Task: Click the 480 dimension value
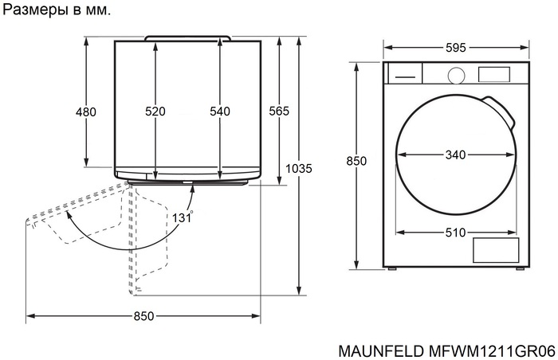[85, 112]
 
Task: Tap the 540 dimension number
[219, 112]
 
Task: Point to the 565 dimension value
[278, 111]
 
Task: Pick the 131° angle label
[182, 216]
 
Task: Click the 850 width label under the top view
[143, 316]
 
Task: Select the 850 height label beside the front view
[356, 161]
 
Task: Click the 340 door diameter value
[455, 155]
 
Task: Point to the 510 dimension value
[455, 233]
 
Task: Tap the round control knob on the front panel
[456, 75]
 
